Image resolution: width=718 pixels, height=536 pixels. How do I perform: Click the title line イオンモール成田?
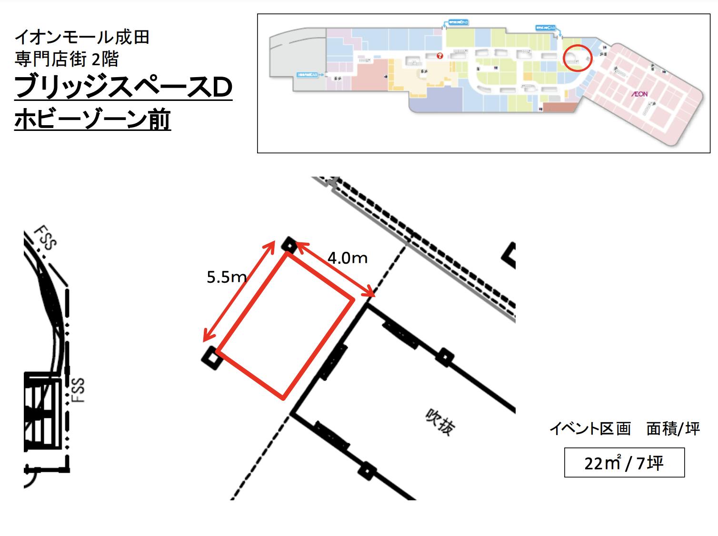[82, 37]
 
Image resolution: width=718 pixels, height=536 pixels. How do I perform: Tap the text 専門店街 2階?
[67, 60]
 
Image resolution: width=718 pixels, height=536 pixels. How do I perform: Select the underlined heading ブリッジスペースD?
[123, 88]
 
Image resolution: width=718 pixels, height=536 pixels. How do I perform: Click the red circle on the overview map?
[578, 58]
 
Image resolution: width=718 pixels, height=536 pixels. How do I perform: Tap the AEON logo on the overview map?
[639, 94]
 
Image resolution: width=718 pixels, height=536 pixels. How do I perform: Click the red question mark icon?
[439, 56]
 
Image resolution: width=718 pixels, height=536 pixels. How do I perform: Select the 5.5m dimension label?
[227, 277]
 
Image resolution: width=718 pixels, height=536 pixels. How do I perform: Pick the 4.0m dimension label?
[348, 258]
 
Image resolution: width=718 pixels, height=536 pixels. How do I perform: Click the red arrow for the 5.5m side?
[239, 291]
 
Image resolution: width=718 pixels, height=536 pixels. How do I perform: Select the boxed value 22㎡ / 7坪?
[624, 462]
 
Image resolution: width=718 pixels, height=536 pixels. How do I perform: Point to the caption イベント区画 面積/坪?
[625, 429]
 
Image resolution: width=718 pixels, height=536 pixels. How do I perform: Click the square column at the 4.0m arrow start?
[289, 245]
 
